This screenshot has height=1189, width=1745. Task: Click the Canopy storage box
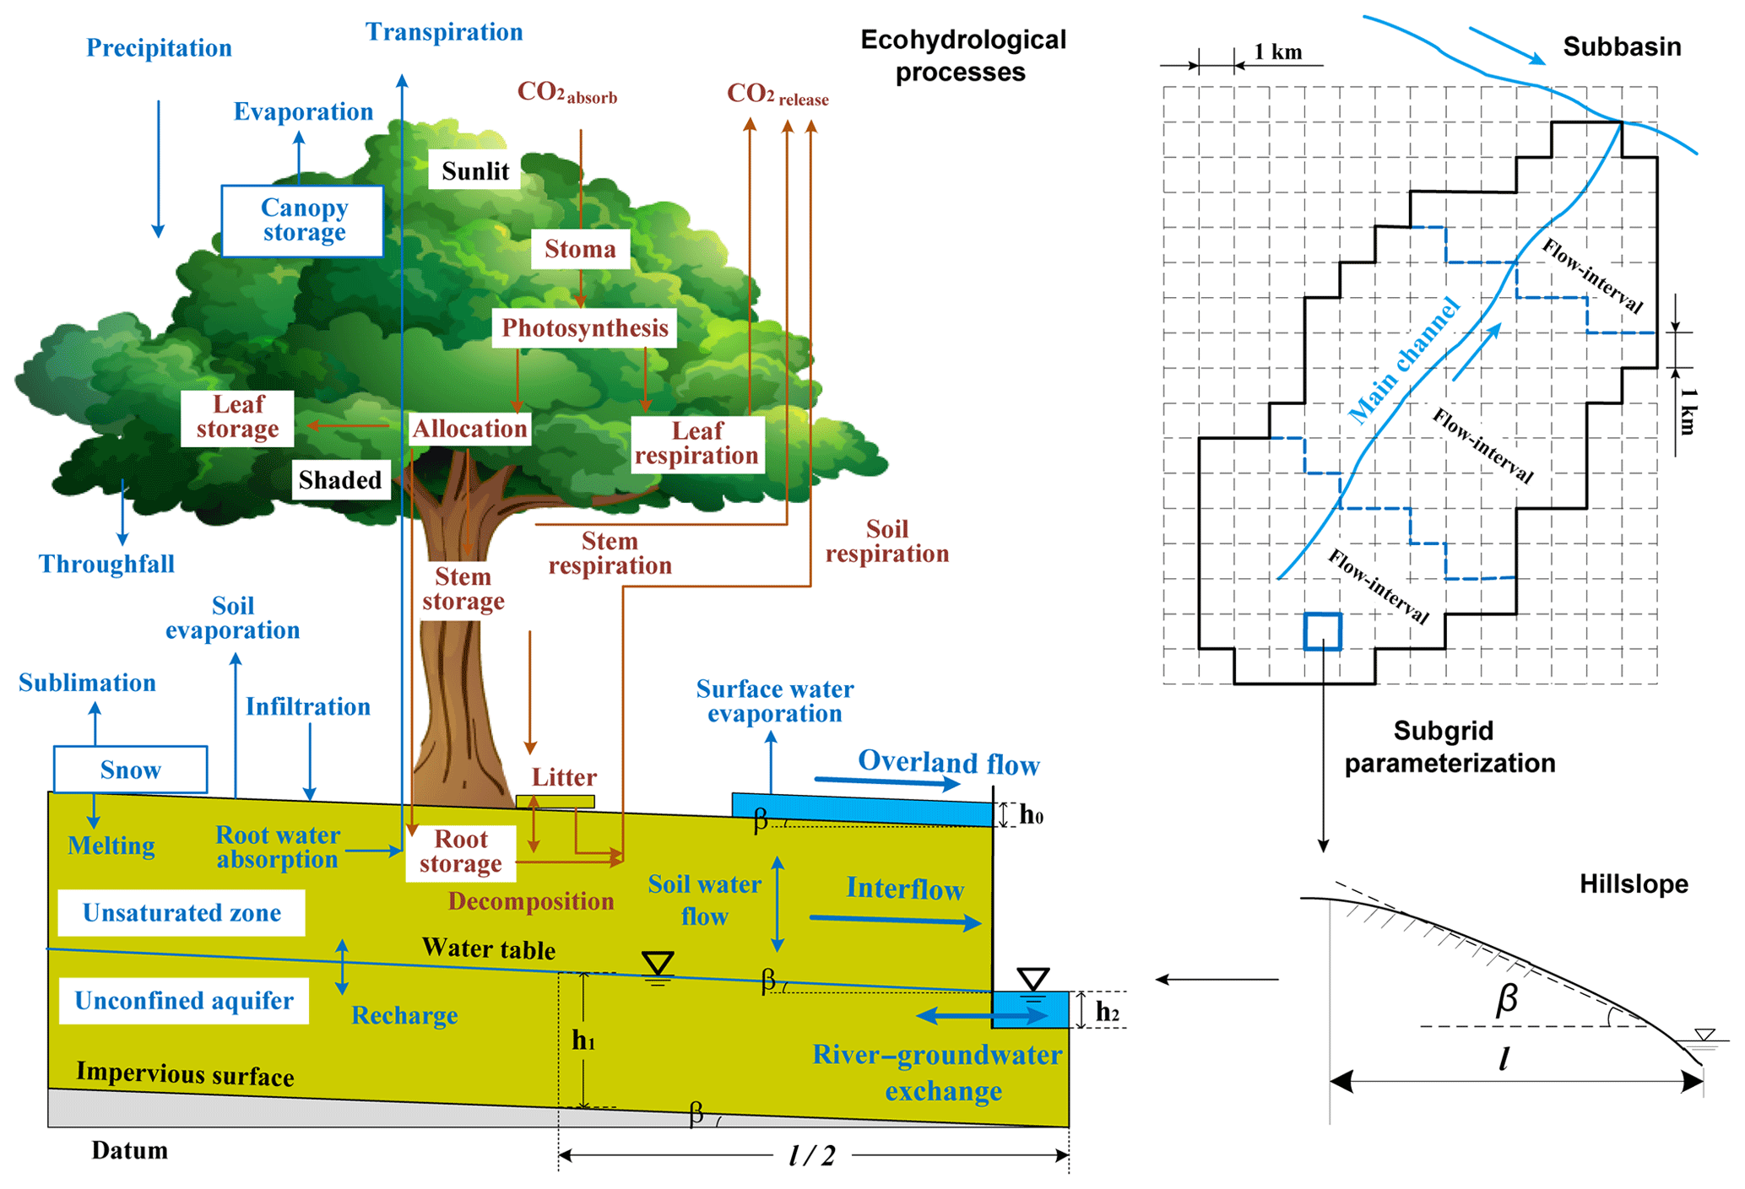(x=302, y=220)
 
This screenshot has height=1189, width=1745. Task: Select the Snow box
(x=130, y=770)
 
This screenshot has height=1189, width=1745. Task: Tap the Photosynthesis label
(x=584, y=327)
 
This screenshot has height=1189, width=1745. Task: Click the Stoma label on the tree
(x=580, y=249)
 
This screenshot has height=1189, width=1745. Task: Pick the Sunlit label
(x=474, y=171)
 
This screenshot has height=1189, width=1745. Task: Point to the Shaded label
(x=340, y=480)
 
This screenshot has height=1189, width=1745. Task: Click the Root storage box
(x=461, y=852)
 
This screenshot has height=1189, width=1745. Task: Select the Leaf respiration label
(x=697, y=444)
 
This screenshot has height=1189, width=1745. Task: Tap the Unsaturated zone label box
(x=182, y=913)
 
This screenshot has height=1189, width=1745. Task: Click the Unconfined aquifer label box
(x=184, y=1001)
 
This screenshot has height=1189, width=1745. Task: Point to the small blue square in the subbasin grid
(x=1322, y=631)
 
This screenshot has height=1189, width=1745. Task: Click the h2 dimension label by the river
(x=1107, y=1011)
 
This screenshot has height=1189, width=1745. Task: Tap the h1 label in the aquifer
(x=583, y=1040)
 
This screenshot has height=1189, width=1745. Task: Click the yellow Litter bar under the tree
(x=555, y=802)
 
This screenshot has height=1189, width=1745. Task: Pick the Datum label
(x=129, y=1151)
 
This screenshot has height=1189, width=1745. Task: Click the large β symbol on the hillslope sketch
(x=1507, y=999)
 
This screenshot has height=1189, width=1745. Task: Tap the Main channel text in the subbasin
(x=1403, y=360)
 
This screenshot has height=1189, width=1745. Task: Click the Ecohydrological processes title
(x=962, y=56)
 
